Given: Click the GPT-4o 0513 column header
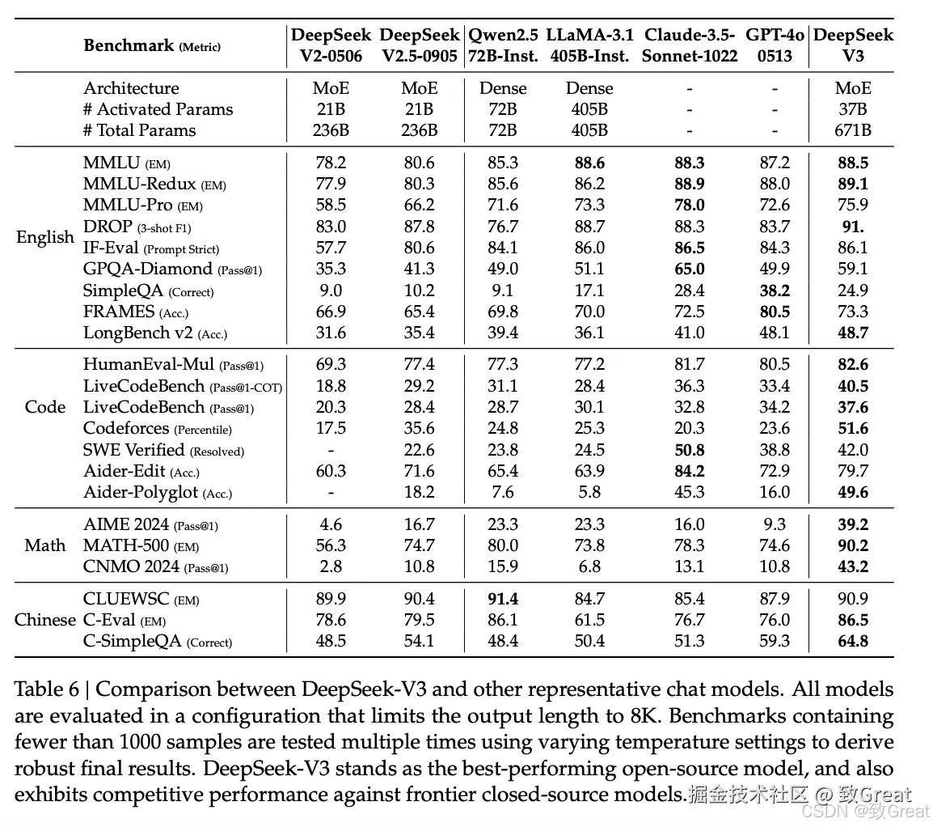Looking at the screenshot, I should point(775,46).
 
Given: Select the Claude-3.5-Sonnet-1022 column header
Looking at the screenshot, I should point(690,46).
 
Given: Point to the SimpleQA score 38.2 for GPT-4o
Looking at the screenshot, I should point(775,291).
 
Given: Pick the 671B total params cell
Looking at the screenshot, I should point(852,130).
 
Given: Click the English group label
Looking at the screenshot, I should point(45,237).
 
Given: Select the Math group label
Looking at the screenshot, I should point(45,545).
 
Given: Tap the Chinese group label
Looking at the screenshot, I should point(45,620).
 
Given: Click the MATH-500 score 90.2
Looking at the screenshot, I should point(852,545).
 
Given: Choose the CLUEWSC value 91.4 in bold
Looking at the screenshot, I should point(502,599).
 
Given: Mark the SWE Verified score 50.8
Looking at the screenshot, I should point(689,450).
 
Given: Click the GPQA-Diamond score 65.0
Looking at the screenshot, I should point(689,269).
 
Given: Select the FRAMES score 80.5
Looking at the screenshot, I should point(775,312).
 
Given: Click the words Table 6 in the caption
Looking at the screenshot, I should point(47,690).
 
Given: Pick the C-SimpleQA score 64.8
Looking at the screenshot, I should point(852,642).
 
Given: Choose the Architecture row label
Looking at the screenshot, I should point(131,88).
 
